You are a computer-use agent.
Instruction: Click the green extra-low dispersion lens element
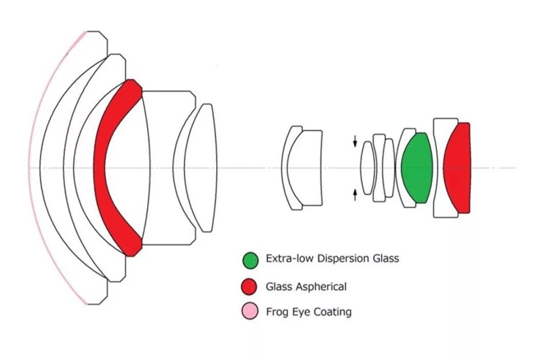(417, 168)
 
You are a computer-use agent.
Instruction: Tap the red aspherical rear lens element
(458, 168)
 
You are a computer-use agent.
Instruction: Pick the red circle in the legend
(249, 286)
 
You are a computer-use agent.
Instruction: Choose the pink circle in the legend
(250, 311)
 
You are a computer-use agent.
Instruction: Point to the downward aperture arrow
(355, 141)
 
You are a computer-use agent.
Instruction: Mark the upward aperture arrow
(355, 195)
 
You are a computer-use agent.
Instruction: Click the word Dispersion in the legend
(339, 259)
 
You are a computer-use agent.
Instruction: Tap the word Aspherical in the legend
(321, 287)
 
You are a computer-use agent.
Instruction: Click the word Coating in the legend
(332, 312)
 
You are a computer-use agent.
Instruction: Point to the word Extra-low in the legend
(290, 259)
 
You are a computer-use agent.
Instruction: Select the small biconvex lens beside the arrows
(368, 168)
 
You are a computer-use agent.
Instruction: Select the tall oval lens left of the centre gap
(202, 168)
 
